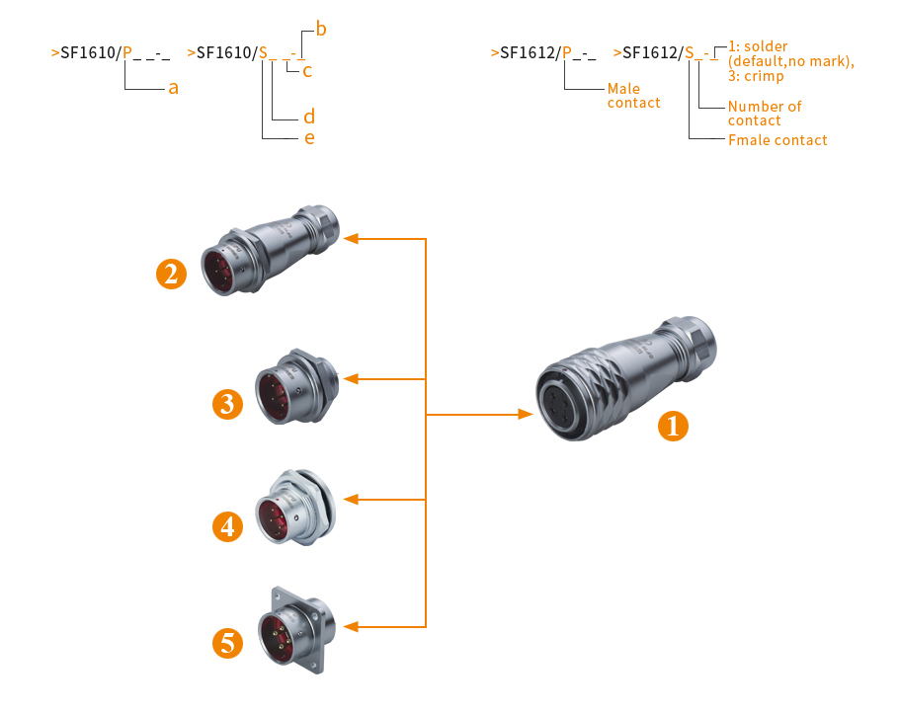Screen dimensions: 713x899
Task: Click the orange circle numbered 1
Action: (674, 427)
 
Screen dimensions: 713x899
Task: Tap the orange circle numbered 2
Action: (172, 273)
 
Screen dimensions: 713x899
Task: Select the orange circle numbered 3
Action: (227, 404)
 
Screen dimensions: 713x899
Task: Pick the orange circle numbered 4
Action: (228, 526)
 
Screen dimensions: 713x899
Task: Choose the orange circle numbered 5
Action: (228, 644)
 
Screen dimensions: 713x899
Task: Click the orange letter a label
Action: (173, 88)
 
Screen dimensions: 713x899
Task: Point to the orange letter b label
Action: (321, 30)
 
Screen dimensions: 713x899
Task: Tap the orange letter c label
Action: (308, 70)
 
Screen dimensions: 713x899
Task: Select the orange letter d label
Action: (309, 118)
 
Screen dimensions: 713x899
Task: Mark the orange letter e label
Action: (309, 137)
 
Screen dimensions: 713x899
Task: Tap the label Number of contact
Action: (764, 113)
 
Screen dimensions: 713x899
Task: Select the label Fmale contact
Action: (777, 140)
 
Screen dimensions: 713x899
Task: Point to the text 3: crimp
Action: (756, 76)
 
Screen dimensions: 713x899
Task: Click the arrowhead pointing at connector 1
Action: (526, 416)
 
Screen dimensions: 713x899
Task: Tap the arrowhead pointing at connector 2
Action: (352, 239)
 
